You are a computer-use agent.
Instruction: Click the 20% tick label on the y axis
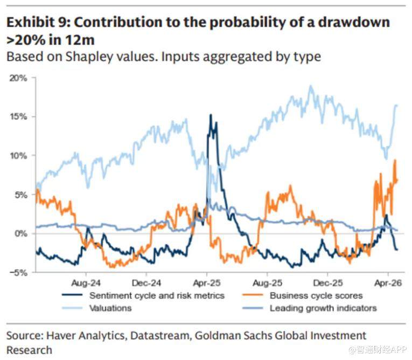(18, 78)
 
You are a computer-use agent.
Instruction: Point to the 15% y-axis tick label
(18, 116)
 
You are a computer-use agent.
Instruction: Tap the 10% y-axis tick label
(18, 155)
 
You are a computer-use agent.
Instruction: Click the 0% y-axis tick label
(20, 233)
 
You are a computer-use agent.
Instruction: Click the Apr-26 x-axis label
(385, 282)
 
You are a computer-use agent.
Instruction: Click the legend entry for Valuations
(110, 308)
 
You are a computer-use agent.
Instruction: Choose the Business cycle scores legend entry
(316, 295)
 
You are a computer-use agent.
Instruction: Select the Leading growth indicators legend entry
(323, 308)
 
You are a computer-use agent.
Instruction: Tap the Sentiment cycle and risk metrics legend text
(157, 295)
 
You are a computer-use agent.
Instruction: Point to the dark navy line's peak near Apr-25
(211, 115)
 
